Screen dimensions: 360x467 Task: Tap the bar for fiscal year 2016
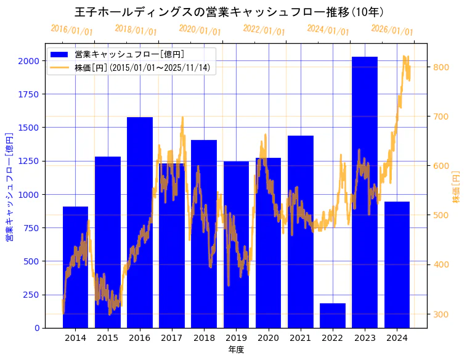(x=140, y=222)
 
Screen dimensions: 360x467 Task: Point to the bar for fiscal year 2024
(x=397, y=264)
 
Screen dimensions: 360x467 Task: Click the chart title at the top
(x=229, y=12)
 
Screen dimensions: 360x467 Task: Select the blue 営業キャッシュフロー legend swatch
(x=60, y=54)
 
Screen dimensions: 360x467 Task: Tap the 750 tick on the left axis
(x=30, y=228)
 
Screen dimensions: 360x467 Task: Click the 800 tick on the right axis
(x=442, y=67)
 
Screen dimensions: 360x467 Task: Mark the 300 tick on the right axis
(x=442, y=314)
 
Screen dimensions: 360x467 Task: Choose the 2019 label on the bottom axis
(x=236, y=338)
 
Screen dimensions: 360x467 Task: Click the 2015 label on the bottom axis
(x=108, y=338)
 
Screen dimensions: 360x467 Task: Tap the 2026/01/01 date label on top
(x=392, y=30)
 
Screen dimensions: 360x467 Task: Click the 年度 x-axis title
(x=236, y=350)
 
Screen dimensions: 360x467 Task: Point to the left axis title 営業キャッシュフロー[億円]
(x=9, y=186)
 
